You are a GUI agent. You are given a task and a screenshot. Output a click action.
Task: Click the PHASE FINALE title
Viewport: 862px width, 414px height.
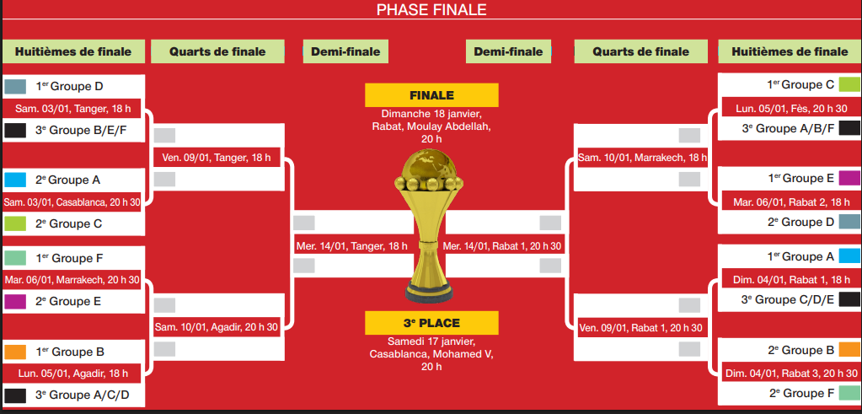[431, 10]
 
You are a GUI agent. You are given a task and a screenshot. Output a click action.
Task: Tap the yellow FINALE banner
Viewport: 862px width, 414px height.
[431, 95]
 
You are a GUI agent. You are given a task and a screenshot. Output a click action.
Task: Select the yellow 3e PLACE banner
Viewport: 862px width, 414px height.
[431, 323]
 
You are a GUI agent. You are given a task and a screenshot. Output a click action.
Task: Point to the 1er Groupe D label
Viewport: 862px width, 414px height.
[69, 86]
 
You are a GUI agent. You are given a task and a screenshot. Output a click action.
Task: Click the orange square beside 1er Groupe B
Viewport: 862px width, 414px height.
[15, 352]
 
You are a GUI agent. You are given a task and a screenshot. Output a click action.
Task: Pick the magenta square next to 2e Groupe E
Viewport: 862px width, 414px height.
[15, 301]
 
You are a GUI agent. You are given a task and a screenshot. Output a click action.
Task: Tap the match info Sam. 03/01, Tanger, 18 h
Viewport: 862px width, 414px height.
[72, 109]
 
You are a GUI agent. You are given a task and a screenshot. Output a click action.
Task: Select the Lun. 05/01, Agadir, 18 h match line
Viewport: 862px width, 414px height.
[72, 373]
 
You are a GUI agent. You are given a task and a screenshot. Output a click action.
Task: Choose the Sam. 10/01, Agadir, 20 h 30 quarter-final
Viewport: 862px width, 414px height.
[216, 326]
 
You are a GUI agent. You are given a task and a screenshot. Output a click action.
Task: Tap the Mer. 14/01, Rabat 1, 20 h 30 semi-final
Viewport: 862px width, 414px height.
[502, 245]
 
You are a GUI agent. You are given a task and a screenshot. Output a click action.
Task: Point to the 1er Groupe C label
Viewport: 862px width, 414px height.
[800, 84]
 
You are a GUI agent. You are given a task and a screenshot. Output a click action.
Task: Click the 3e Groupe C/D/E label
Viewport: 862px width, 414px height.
[789, 300]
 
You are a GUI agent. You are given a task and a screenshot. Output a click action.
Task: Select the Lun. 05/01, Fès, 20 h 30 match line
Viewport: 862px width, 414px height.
[791, 108]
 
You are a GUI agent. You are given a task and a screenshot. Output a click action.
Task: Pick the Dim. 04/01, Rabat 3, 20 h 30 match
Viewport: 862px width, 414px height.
[790, 373]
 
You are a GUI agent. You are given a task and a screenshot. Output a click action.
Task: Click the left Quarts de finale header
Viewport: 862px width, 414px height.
[217, 51]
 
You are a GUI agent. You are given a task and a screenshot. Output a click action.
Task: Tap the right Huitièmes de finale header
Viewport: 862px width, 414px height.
[790, 51]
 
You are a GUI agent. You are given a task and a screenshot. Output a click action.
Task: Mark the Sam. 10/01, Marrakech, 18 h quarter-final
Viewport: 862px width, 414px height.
[642, 157]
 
